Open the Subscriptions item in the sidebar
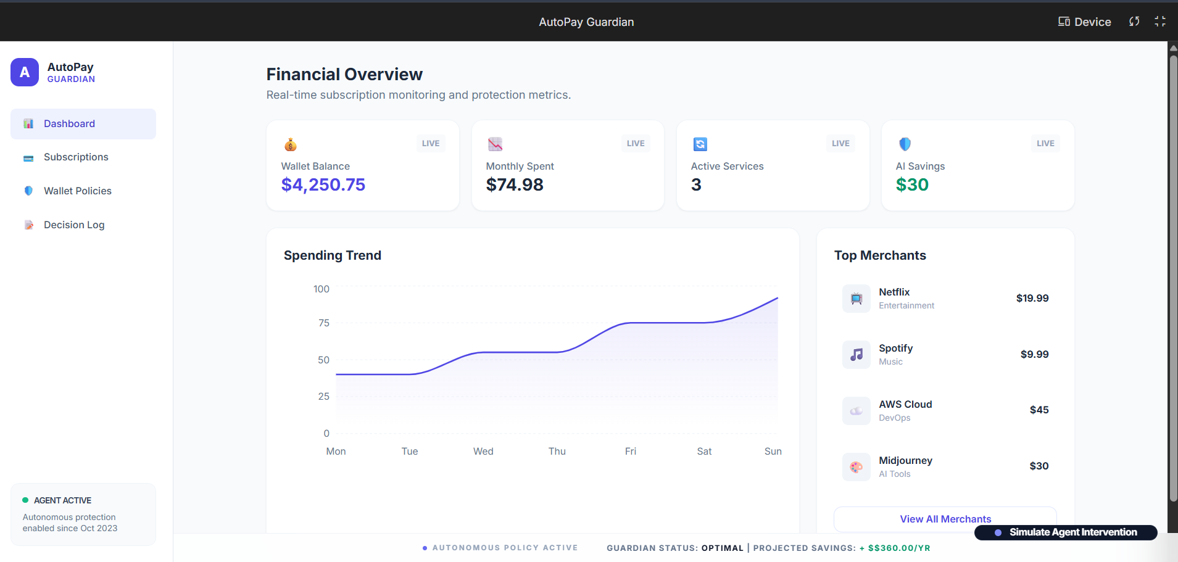click(x=76, y=157)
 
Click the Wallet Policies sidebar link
click(x=77, y=191)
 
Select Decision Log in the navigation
click(x=74, y=225)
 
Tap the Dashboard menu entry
click(x=69, y=124)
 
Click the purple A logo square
click(x=25, y=72)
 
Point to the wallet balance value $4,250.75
click(x=323, y=185)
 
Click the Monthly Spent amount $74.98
click(x=515, y=185)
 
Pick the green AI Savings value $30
click(x=912, y=185)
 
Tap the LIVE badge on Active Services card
click(x=840, y=144)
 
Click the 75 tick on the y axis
click(x=324, y=323)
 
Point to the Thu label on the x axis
click(x=557, y=452)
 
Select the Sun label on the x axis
click(x=773, y=452)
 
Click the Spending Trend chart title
click(x=333, y=255)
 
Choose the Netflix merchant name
click(x=894, y=292)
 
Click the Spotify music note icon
click(x=857, y=355)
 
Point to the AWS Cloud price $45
click(x=1039, y=410)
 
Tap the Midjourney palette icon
click(x=857, y=467)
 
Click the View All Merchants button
click(x=945, y=519)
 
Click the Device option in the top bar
click(x=1085, y=22)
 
